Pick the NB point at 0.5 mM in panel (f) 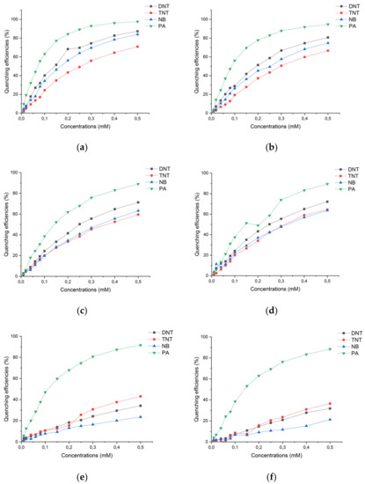tap(327, 419)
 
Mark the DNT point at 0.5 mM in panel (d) tap(326, 202)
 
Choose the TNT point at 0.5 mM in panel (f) tap(327, 404)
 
